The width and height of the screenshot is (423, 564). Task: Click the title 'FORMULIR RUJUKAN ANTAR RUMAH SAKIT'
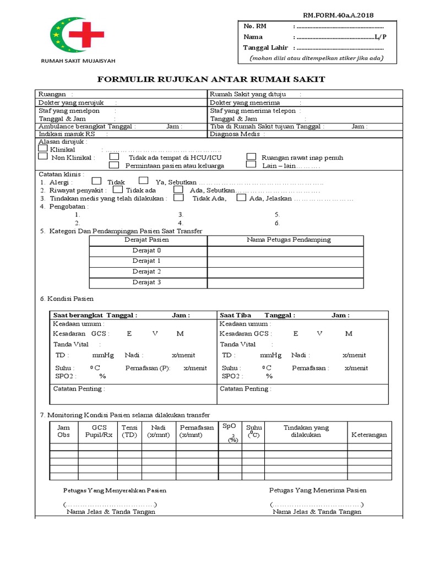click(x=211, y=80)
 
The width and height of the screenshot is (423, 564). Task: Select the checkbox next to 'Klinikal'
click(x=43, y=148)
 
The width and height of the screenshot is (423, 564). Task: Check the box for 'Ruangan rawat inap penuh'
click(x=251, y=157)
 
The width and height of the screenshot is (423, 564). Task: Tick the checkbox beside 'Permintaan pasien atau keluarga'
click(x=114, y=165)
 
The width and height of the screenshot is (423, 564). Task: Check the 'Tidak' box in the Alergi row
click(x=96, y=181)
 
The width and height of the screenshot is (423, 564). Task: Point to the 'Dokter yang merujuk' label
click(x=62, y=102)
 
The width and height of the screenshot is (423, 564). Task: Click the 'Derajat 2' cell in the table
click(x=147, y=272)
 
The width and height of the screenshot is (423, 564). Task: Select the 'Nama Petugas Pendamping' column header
click(x=289, y=240)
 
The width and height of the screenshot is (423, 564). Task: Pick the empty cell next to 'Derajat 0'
click(x=285, y=251)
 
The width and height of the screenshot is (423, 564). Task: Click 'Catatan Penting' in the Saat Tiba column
click(x=244, y=389)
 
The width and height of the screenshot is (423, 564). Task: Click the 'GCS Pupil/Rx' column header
click(x=99, y=431)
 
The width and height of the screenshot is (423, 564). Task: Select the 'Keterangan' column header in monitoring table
click(x=369, y=435)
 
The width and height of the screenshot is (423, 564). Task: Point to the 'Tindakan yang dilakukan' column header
click(x=306, y=431)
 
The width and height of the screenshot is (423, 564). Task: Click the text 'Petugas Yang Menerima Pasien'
click(x=317, y=490)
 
